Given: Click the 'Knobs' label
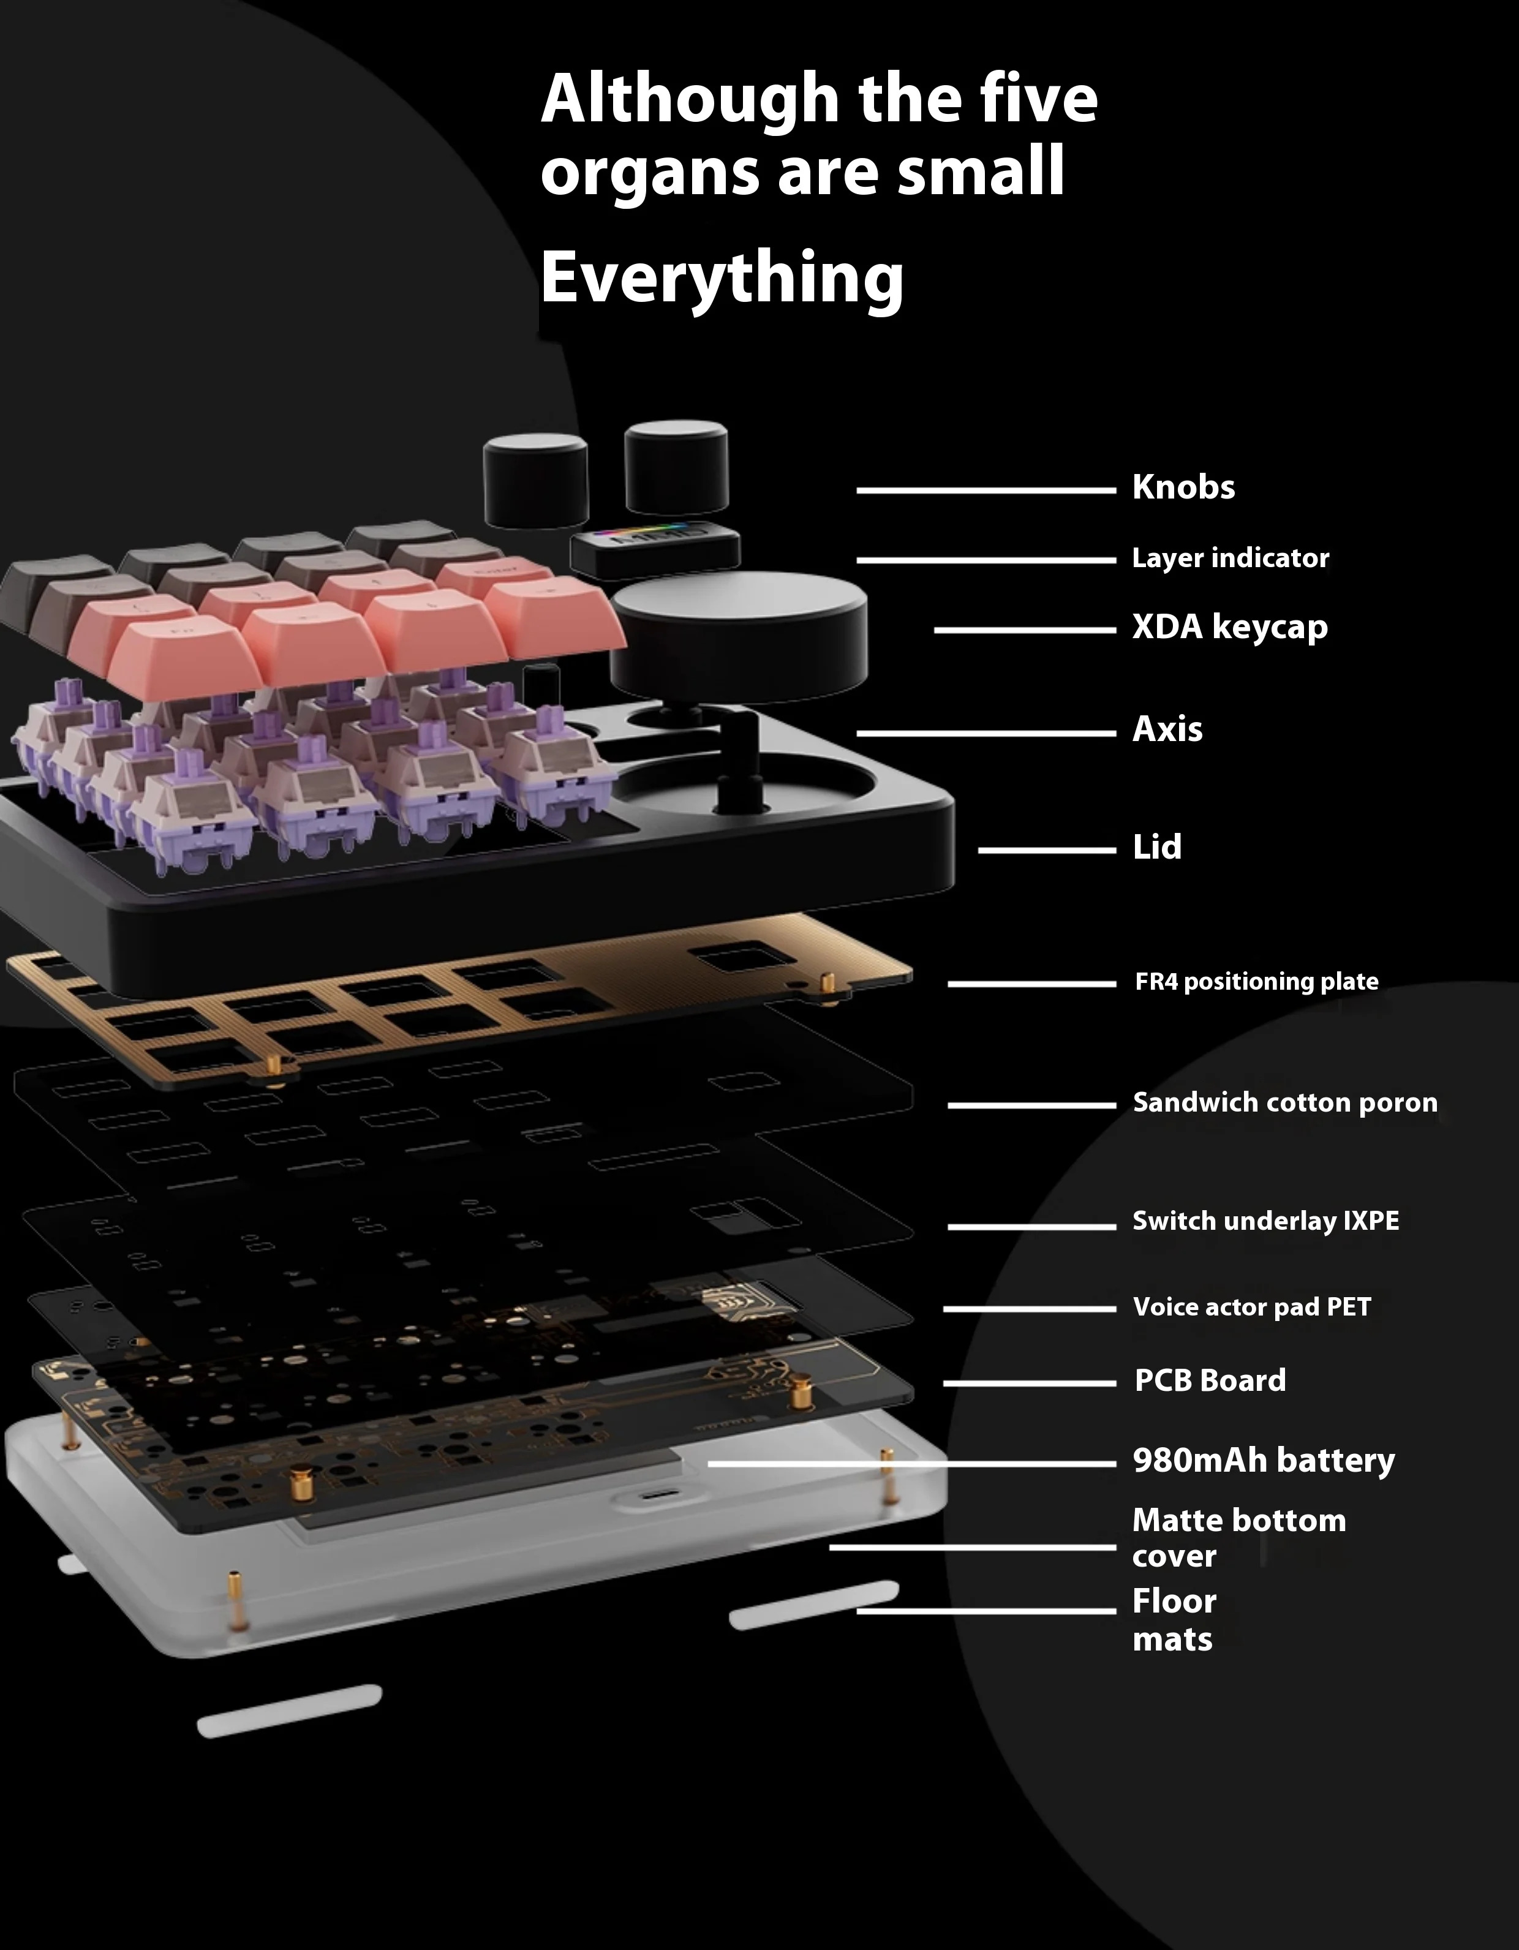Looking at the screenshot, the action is pyautogui.click(x=1183, y=487).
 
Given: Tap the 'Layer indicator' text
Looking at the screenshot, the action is pyautogui.click(x=1231, y=558).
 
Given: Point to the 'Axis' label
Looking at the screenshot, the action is pyautogui.click(x=1167, y=729).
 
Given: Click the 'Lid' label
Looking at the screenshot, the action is pyautogui.click(x=1156, y=846).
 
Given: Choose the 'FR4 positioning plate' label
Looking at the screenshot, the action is pyautogui.click(x=1256, y=981).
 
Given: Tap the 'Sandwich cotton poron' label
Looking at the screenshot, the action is pyautogui.click(x=1285, y=1102).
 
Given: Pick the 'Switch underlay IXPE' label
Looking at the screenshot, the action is pyautogui.click(x=1265, y=1221).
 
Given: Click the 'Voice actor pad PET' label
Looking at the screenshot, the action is pyautogui.click(x=1251, y=1307).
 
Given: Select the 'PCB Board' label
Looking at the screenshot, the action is pyautogui.click(x=1210, y=1380).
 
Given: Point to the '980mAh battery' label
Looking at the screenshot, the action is pyautogui.click(x=1264, y=1461).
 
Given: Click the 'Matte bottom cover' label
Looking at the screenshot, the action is pyautogui.click(x=1238, y=1538).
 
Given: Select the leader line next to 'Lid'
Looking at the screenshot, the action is pyautogui.click(x=1047, y=850).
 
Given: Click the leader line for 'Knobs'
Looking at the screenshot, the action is pyautogui.click(x=987, y=490).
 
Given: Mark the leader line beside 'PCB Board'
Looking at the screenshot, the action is pyautogui.click(x=1030, y=1383).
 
